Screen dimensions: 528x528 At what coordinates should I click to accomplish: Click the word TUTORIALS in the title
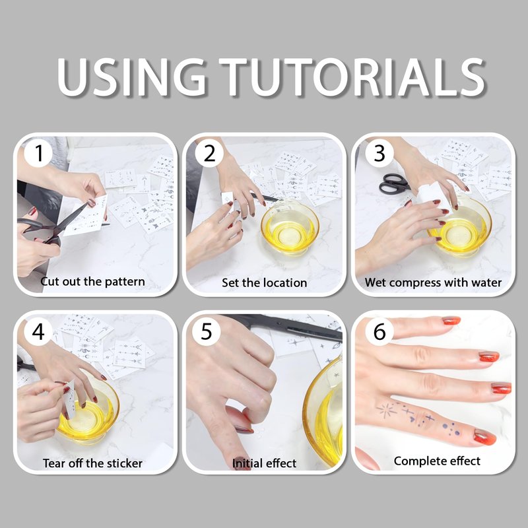(352, 77)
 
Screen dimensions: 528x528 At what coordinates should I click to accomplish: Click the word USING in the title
(131, 77)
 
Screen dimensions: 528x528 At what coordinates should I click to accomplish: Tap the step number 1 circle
(38, 153)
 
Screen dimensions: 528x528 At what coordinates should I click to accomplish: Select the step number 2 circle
(209, 153)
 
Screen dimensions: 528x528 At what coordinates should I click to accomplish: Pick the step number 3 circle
(379, 153)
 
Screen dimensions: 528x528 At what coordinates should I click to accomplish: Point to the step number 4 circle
(38, 332)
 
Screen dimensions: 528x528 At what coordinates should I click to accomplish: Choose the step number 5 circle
(207, 332)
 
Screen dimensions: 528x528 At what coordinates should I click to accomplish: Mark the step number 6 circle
(379, 332)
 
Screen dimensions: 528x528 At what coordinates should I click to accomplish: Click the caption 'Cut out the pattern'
(92, 282)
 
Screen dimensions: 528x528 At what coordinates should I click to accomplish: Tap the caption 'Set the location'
(265, 282)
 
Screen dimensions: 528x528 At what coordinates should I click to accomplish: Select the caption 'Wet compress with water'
(433, 282)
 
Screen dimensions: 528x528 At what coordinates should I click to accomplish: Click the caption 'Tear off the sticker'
(92, 463)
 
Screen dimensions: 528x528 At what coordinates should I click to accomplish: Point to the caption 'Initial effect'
(265, 463)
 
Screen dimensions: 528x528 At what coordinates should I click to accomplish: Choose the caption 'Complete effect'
(437, 461)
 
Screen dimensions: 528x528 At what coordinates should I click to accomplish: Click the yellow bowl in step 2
(290, 227)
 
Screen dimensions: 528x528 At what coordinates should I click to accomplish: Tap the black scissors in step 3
(394, 184)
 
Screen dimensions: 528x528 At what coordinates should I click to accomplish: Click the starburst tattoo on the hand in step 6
(386, 410)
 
